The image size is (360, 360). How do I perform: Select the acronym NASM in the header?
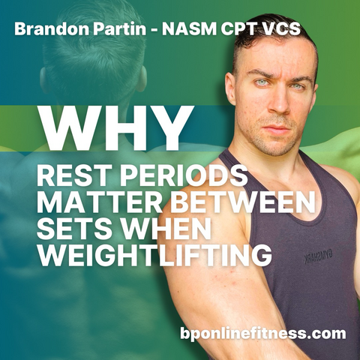pyautogui.click(x=189, y=29)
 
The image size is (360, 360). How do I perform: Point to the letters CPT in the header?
pyautogui.click(x=238, y=29)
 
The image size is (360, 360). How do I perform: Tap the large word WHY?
pyautogui.click(x=116, y=129)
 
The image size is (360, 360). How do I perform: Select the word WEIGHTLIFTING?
pyautogui.click(x=154, y=256)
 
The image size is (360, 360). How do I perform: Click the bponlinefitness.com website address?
pyautogui.click(x=263, y=333)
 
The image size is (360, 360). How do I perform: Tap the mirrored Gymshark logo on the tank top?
pyautogui.click(x=318, y=257)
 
